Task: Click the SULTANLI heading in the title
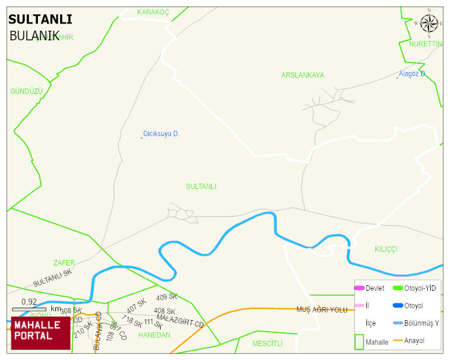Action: pos(40,19)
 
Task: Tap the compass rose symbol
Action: pos(429,23)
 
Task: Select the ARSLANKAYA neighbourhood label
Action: pos(303,75)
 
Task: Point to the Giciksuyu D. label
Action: pos(161,134)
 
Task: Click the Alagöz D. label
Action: pos(413,74)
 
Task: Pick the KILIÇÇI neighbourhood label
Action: pos(386,249)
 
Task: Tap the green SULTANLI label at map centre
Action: pos(201,187)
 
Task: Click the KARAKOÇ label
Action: pos(153,12)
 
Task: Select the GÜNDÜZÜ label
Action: pos(26,91)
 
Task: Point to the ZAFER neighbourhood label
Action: pos(64,263)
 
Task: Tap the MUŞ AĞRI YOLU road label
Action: pos(322,309)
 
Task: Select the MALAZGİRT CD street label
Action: pos(180,320)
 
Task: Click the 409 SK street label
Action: pos(167,297)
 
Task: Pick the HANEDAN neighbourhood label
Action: pos(154,335)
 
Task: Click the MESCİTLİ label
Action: pos(267,344)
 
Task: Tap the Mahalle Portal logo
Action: pos(40,333)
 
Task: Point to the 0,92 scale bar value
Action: pos(29,302)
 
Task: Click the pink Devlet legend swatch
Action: pos(359,288)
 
